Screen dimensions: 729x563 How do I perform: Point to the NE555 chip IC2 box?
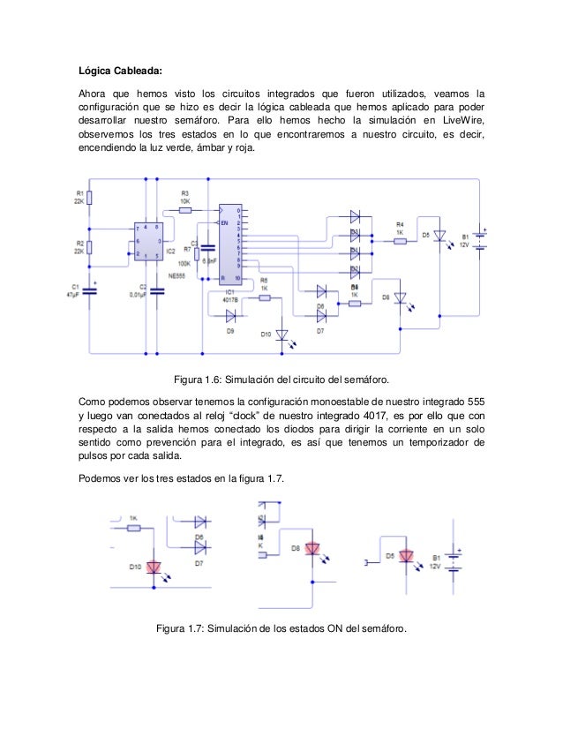[146, 242]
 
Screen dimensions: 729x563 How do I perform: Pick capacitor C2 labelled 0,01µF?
[159, 291]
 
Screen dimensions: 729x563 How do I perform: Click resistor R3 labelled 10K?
[186, 210]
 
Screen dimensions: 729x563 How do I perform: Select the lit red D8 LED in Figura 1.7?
[312, 550]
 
